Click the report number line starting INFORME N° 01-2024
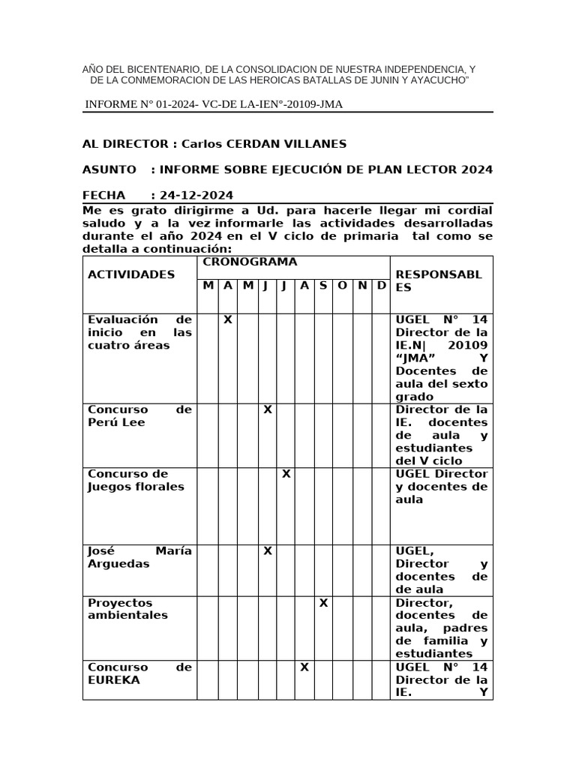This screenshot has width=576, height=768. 214,104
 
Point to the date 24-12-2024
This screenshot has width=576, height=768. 196,195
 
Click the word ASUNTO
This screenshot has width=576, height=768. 109,169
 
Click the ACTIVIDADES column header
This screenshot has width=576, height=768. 131,274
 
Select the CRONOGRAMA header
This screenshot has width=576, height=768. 250,262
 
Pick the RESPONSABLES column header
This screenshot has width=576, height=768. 439,281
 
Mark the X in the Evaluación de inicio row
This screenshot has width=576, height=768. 227,319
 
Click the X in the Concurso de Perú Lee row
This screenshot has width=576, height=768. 267,409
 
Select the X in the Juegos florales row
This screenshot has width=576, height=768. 286,474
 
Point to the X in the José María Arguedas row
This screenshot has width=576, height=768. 267,551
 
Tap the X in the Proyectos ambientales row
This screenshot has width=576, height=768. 323,603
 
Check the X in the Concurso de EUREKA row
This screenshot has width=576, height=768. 304,667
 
